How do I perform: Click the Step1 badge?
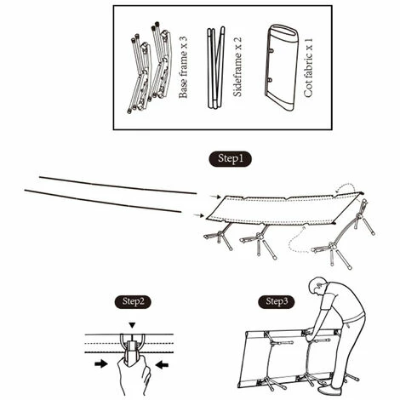point(230,159)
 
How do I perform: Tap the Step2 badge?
point(133,302)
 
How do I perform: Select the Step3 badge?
point(277,302)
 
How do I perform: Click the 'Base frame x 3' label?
point(183,67)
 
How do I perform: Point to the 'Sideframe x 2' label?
point(237,67)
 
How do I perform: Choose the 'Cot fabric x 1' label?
point(308,68)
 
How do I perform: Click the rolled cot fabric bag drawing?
point(282,67)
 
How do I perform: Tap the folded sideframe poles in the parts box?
point(216,67)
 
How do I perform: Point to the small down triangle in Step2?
point(132,325)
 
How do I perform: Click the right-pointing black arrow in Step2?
point(101,363)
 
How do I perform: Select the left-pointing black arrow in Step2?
point(162,364)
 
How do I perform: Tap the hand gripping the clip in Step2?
point(134,374)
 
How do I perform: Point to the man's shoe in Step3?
point(329,391)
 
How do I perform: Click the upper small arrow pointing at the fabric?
point(215,197)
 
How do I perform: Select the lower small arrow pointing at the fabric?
point(198,215)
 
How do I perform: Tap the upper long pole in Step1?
point(117,186)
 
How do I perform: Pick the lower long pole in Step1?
point(103,201)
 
